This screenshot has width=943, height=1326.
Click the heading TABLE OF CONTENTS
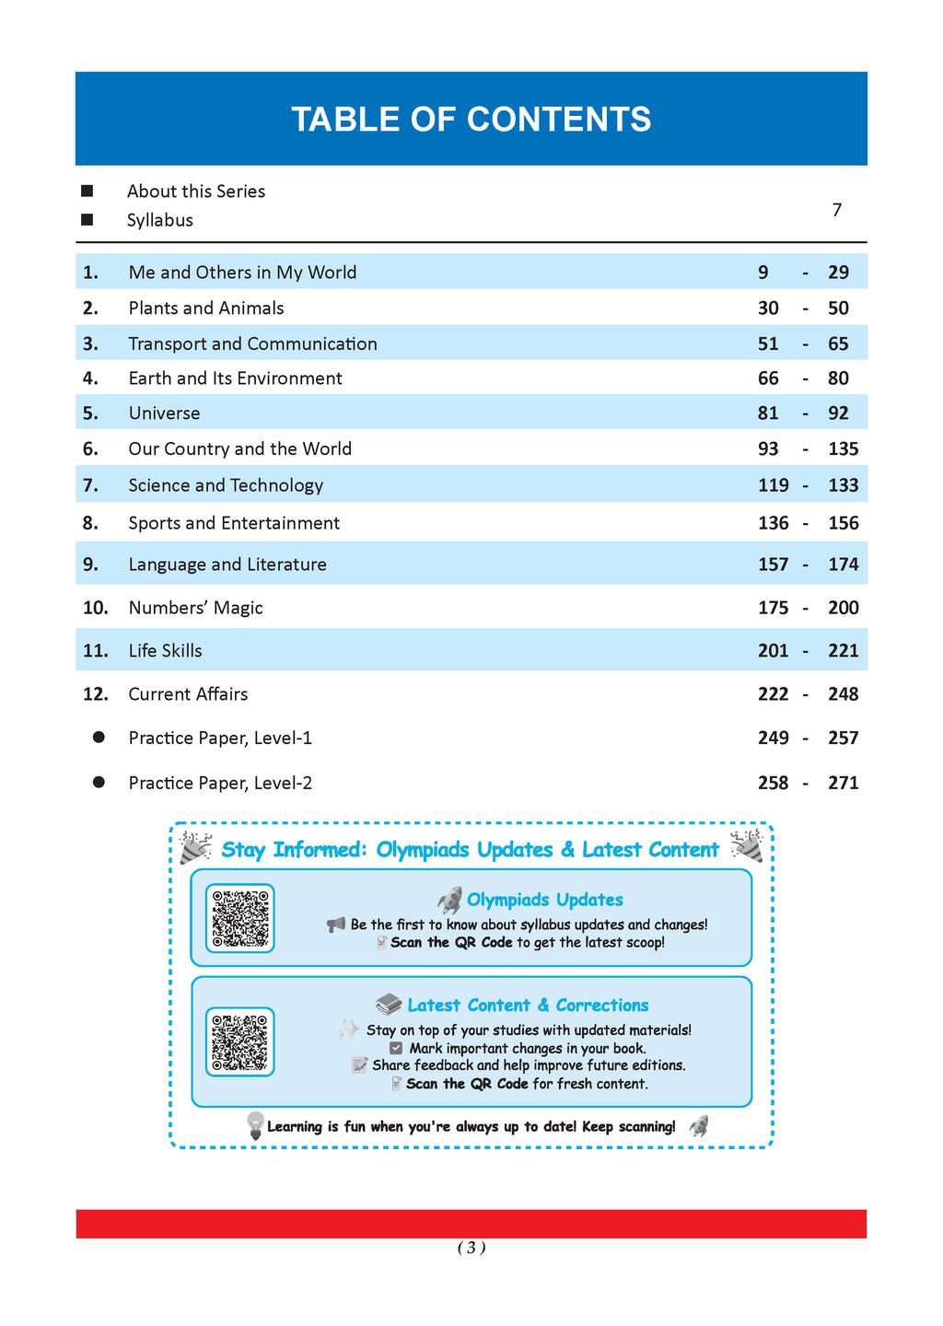point(471,120)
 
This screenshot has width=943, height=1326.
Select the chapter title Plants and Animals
point(206,308)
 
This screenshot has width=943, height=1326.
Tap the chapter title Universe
point(164,413)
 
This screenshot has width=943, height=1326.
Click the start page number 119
point(773,485)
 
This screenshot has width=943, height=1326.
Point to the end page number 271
point(843,783)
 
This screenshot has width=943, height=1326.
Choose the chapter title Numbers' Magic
point(195,608)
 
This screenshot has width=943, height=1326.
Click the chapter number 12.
point(96,694)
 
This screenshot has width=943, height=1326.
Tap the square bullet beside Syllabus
point(87,220)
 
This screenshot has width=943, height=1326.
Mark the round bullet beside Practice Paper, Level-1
point(99,738)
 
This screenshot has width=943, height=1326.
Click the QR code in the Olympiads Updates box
point(240,918)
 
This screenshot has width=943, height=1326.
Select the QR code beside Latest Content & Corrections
point(240,1041)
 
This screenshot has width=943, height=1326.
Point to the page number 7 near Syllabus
point(836,210)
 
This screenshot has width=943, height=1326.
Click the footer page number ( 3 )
point(471,1248)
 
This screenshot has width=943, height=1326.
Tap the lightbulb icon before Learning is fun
point(255,1125)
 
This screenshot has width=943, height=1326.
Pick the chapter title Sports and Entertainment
point(234,523)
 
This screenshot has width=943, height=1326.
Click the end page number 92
point(838,413)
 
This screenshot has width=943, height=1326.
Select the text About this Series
point(196,192)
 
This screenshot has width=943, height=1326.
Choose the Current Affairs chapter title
point(188,694)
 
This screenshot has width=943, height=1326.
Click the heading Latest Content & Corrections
point(528,1006)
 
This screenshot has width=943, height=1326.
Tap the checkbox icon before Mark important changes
point(396,1048)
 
